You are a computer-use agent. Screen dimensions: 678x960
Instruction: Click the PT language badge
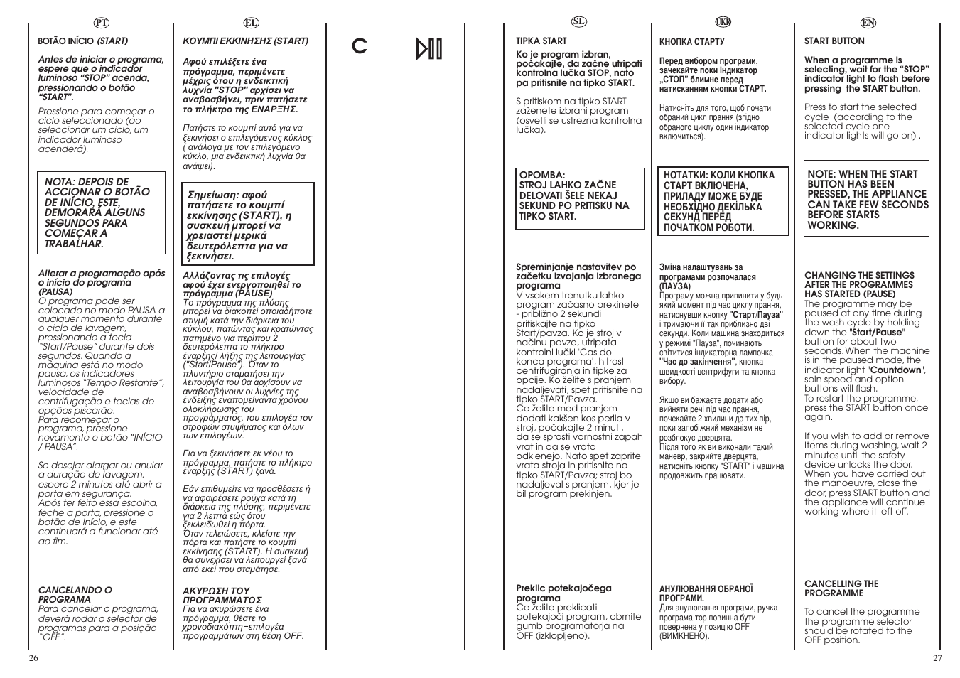click(x=100, y=23)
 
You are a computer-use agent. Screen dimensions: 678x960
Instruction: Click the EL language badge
click(x=250, y=23)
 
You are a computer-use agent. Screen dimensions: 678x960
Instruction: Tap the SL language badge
click(x=579, y=21)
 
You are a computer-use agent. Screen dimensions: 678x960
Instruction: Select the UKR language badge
click(x=723, y=22)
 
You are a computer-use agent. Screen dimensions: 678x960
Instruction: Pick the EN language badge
click(x=868, y=22)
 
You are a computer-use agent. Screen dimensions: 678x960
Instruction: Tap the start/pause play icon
click(x=429, y=48)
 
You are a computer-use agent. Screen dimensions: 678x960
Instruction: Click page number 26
click(x=33, y=657)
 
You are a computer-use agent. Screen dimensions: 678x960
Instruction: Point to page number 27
click(x=937, y=657)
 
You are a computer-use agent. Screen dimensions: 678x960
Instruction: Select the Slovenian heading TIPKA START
click(x=541, y=41)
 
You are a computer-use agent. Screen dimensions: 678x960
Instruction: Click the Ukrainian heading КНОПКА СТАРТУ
click(x=691, y=42)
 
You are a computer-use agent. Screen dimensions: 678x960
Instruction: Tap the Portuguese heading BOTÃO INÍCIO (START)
click(x=82, y=41)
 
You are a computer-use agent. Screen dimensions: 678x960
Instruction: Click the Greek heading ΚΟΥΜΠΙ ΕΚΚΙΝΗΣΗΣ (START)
click(x=245, y=41)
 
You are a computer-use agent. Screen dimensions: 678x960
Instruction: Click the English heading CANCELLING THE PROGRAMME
click(x=841, y=588)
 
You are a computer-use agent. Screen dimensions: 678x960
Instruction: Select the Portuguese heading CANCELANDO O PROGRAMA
click(x=75, y=594)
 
